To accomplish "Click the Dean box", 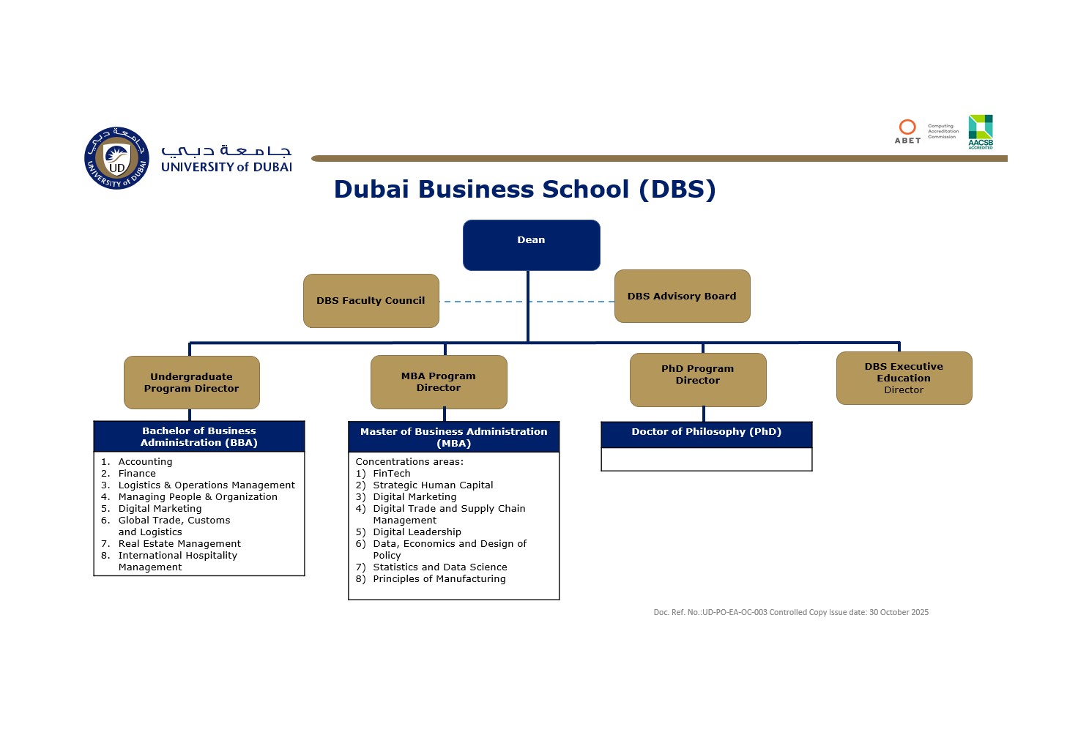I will (x=531, y=245).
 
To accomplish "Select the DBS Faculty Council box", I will (x=371, y=300).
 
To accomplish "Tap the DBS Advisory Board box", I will (x=682, y=296).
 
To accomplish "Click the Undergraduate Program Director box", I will (x=191, y=382).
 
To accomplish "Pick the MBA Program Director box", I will (x=439, y=381).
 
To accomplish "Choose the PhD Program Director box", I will (x=698, y=379).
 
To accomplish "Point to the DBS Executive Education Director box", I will (x=904, y=378).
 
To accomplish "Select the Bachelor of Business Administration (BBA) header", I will (x=198, y=436).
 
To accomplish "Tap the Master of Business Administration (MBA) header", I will (x=453, y=437).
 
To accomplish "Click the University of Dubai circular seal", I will (x=116, y=158).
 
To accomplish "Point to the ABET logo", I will (x=907, y=131).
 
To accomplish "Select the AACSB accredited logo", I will (x=981, y=131).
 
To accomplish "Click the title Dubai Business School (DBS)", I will (x=524, y=189).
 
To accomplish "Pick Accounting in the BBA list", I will (x=145, y=462).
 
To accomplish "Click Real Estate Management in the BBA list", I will (x=179, y=544).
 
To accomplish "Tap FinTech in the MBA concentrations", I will (x=391, y=474).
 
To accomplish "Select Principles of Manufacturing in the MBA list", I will (x=439, y=579).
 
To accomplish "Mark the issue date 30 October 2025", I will (x=899, y=612).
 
